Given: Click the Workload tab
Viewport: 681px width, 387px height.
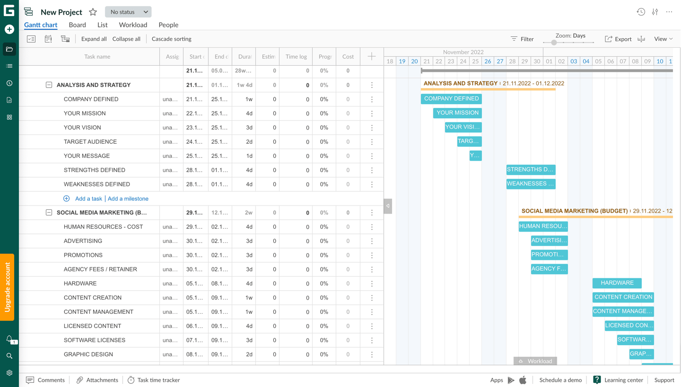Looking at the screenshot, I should tap(133, 25).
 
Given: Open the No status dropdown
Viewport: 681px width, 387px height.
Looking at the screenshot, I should tap(128, 12).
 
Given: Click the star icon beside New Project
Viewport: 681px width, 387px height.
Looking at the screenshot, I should tap(93, 12).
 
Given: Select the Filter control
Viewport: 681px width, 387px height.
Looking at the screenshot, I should tap(522, 39).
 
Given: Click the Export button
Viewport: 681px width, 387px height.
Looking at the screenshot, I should tap(618, 39).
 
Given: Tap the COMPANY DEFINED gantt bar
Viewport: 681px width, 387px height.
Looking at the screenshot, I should tap(451, 99).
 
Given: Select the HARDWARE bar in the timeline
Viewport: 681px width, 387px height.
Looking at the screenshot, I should tap(617, 283).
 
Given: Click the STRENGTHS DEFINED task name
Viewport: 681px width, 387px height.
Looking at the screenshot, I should tap(95, 170).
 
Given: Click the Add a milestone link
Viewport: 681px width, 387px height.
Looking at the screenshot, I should tap(128, 199).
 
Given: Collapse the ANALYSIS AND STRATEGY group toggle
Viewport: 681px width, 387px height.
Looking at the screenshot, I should tap(49, 85).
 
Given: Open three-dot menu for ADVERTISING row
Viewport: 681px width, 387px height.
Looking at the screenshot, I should tap(372, 241).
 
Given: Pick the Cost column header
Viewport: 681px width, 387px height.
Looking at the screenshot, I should tap(348, 57).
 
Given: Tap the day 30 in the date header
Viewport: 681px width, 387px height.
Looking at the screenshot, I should tap(536, 61).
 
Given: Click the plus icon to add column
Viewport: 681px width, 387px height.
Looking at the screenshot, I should tap(372, 57).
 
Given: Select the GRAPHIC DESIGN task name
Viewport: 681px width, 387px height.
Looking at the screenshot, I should tap(88, 354).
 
